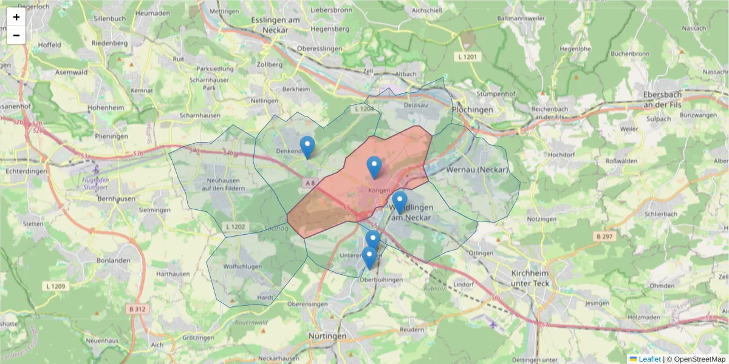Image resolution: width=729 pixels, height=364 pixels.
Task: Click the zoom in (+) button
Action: point(16,17)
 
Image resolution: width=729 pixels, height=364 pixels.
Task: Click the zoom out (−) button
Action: point(16,35)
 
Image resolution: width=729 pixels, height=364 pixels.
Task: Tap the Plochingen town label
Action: point(473,110)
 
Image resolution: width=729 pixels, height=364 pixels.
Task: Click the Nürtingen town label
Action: point(326,336)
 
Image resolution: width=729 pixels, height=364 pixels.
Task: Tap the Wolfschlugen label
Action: point(242,266)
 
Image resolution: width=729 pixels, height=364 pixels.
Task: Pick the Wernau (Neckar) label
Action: point(477,169)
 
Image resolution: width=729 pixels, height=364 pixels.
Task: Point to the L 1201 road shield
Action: point(467,56)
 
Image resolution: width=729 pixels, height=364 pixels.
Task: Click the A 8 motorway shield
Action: point(310,183)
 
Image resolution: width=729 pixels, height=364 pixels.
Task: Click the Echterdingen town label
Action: point(22,171)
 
